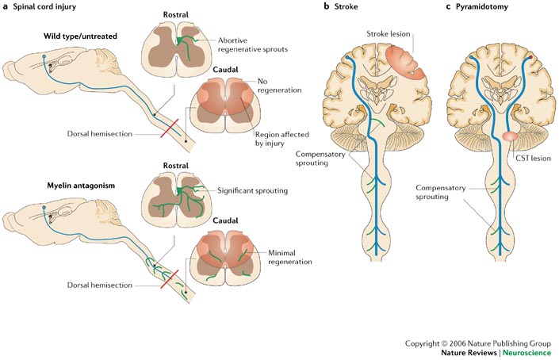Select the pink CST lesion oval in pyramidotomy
(x=509, y=139)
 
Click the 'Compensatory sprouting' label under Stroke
(x=319, y=156)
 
